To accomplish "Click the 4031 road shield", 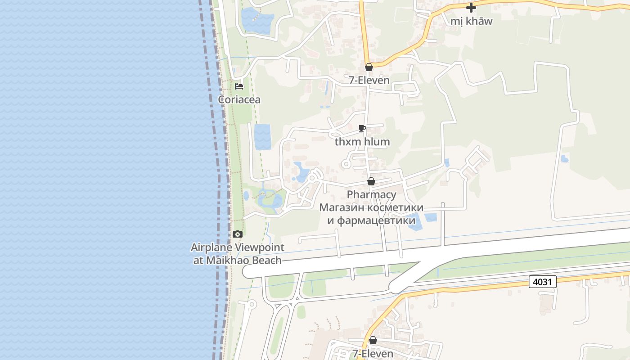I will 543,282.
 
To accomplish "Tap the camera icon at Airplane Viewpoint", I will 238,234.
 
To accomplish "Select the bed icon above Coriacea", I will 239,86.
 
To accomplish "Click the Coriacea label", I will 239,99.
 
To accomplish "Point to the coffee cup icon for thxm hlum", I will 362,129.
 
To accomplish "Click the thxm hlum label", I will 362,142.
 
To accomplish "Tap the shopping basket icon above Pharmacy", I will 371,181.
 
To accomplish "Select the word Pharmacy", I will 371,194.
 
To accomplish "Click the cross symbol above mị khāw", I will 471,8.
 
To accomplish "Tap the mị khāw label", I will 471,21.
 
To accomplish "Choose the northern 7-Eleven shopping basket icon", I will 369,67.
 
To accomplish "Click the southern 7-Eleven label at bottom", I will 373,354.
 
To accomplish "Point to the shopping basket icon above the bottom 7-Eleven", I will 373,340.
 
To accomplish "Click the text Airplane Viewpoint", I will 238,247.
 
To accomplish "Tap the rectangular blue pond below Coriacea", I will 262,137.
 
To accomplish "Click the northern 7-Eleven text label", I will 369,81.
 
